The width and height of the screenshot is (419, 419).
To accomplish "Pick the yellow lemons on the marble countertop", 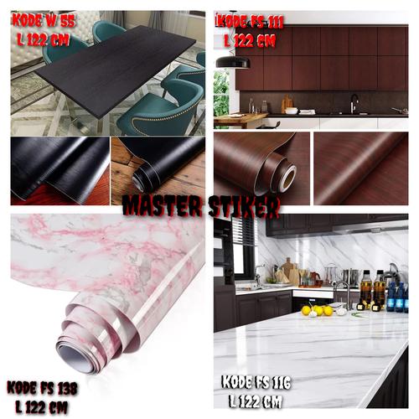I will (317, 310).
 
